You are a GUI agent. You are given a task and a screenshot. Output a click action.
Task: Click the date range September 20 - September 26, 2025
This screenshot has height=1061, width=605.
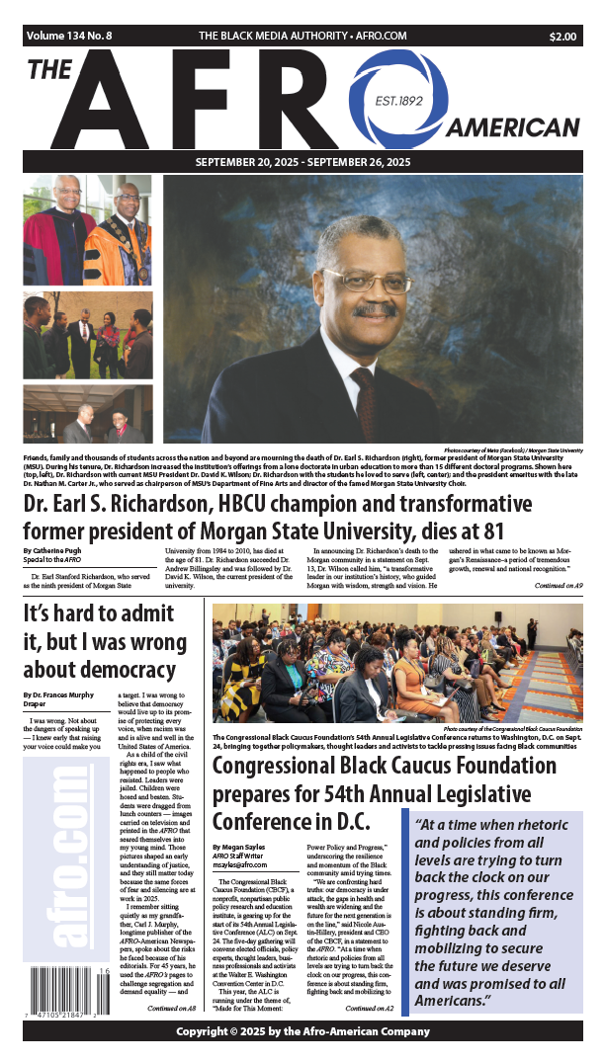pyautogui.click(x=302, y=162)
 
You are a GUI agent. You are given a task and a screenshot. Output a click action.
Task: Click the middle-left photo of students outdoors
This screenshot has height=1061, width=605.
pyautogui.click(x=87, y=335)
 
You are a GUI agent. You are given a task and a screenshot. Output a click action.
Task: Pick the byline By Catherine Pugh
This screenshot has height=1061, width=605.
pyautogui.click(x=58, y=548)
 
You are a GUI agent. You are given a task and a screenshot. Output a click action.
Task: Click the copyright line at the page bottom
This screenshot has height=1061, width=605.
pyautogui.click(x=302, y=1031)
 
